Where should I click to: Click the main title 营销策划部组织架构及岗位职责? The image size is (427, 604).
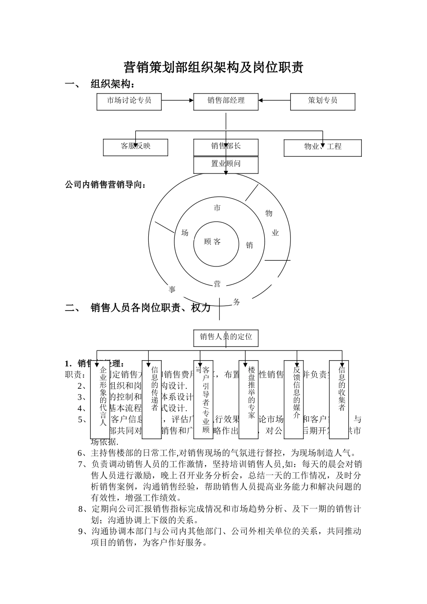click(213, 67)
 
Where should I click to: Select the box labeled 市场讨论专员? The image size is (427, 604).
click(129, 101)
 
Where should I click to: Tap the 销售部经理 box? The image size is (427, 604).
click(226, 101)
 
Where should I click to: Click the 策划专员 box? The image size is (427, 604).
click(323, 101)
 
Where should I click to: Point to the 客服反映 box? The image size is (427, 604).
click(135, 147)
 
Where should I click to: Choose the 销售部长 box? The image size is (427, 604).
click(226, 147)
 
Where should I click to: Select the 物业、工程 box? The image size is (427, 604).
click(323, 147)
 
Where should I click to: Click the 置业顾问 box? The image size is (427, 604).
click(226, 164)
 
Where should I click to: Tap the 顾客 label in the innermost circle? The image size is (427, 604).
click(213, 242)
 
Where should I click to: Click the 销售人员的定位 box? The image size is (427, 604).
click(226, 338)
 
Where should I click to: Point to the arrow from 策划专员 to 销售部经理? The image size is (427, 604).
click(274, 101)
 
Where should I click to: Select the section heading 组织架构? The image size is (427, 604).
click(112, 84)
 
